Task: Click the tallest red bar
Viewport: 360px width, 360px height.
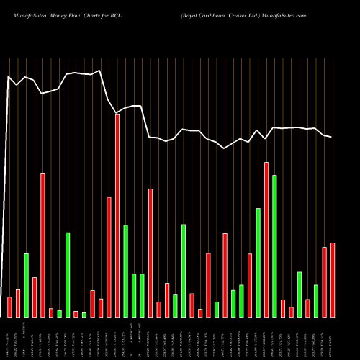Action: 117,216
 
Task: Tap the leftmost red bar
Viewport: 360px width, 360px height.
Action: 9,307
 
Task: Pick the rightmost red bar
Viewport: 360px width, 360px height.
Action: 333,280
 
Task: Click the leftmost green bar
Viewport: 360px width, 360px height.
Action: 26,285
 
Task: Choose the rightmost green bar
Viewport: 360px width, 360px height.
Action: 316,301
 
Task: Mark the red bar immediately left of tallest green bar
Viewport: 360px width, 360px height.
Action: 266,240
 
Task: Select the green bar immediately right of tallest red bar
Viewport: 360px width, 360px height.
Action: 125,271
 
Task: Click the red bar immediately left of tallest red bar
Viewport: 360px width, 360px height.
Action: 109,257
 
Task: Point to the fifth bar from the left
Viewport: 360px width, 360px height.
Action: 42,245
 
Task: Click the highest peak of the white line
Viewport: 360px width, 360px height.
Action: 99,71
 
